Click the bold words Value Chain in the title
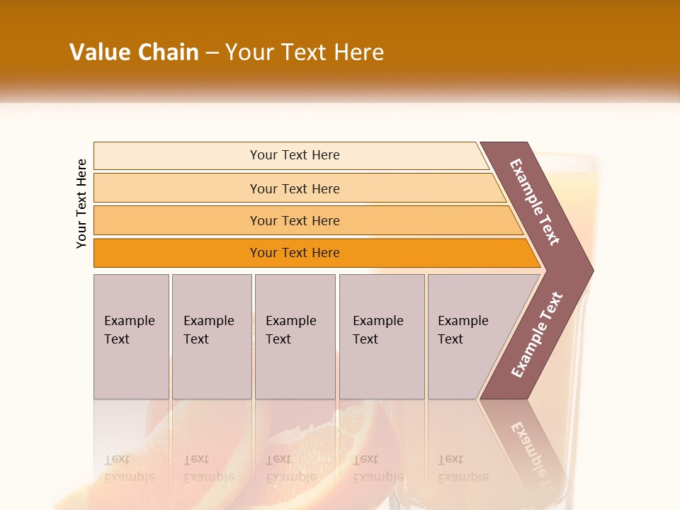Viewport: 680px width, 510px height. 134,52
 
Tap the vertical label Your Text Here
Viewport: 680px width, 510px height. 81,203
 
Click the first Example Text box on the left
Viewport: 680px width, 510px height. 131,336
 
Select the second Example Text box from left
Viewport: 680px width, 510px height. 211,336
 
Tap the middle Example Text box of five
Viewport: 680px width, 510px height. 295,336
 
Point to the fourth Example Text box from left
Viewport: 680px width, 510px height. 382,336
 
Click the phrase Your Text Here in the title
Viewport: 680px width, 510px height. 305,52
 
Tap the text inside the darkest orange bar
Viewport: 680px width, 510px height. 295,253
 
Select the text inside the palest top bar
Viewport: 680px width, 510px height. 295,155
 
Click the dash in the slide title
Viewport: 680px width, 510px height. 212,53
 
